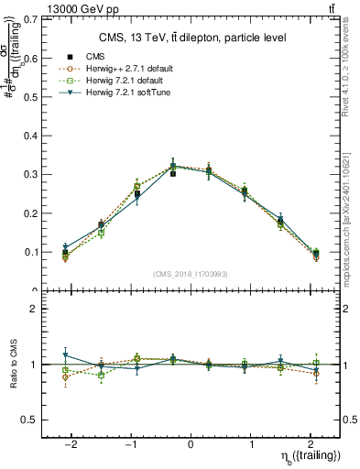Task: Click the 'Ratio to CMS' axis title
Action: pos(13,365)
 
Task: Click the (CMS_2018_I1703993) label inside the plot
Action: pos(191,274)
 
